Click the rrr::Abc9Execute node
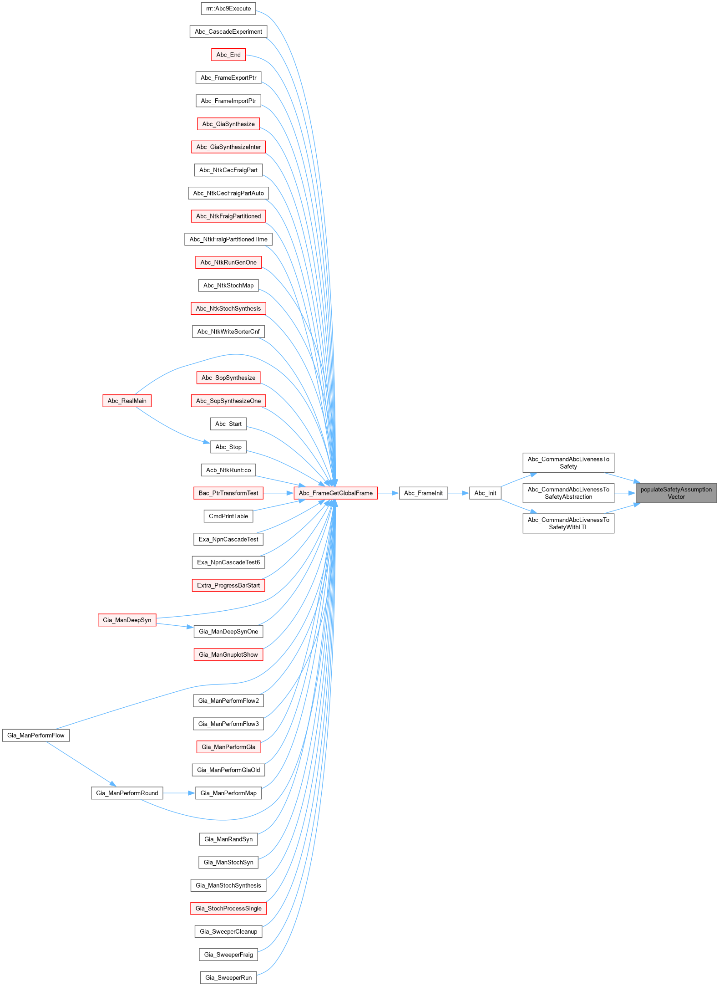click(x=228, y=9)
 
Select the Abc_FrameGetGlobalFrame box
click(x=335, y=493)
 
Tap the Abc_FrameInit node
click(x=423, y=493)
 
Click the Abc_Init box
click(x=485, y=493)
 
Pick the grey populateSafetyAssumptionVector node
click(x=676, y=493)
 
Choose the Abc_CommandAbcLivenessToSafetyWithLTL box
click(x=568, y=524)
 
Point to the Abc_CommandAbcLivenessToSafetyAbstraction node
click(x=568, y=493)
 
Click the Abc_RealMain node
click(x=127, y=401)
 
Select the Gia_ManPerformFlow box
click(x=36, y=736)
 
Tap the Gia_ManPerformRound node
click(x=127, y=793)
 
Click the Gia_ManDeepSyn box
click(x=127, y=620)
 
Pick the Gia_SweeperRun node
click(x=228, y=978)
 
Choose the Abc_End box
click(x=228, y=55)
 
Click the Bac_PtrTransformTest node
click(x=228, y=493)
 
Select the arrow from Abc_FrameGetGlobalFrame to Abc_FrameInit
click(x=388, y=493)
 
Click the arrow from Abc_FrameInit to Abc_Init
click(x=458, y=493)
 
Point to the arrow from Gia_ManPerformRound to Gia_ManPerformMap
click(x=179, y=793)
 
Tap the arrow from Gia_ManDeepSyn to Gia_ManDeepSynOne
click(x=175, y=626)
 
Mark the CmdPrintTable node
click(x=228, y=516)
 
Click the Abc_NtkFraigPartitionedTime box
click(x=228, y=240)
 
